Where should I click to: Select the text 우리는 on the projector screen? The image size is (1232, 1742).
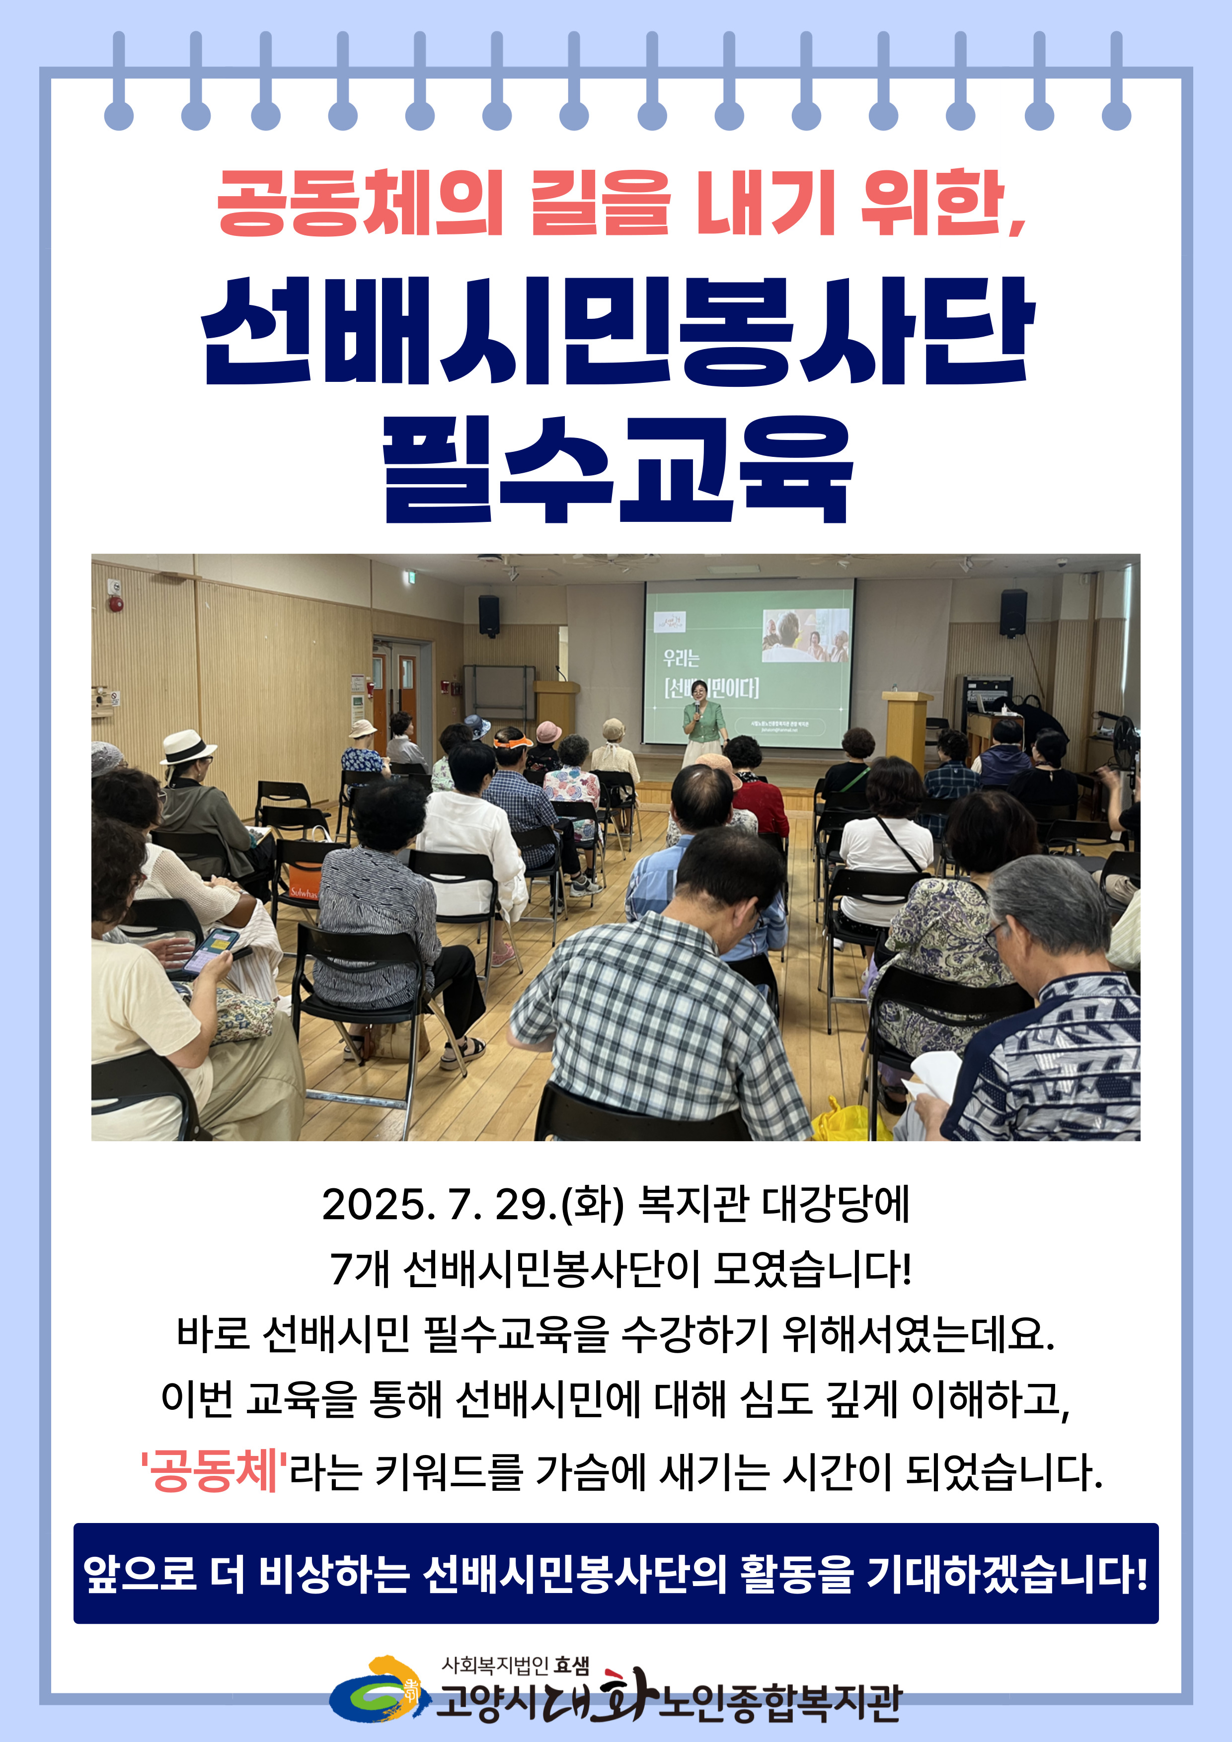(x=681, y=658)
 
